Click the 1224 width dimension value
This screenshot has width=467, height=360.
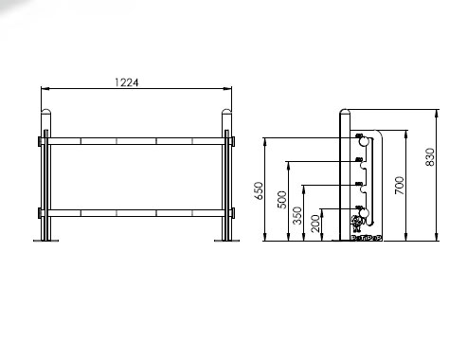coord(126,82)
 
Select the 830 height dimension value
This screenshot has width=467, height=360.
coord(430,157)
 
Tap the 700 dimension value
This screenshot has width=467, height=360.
coord(399,186)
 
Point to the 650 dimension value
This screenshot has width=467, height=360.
coord(259,190)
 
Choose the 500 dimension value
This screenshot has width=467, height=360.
coord(281,200)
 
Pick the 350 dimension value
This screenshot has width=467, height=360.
coord(297,215)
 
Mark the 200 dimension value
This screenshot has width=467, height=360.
coord(315,224)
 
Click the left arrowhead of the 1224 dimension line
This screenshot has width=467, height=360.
coord(45,89)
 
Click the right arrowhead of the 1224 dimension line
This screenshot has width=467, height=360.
coord(227,89)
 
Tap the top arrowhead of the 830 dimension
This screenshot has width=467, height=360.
coord(437,114)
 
